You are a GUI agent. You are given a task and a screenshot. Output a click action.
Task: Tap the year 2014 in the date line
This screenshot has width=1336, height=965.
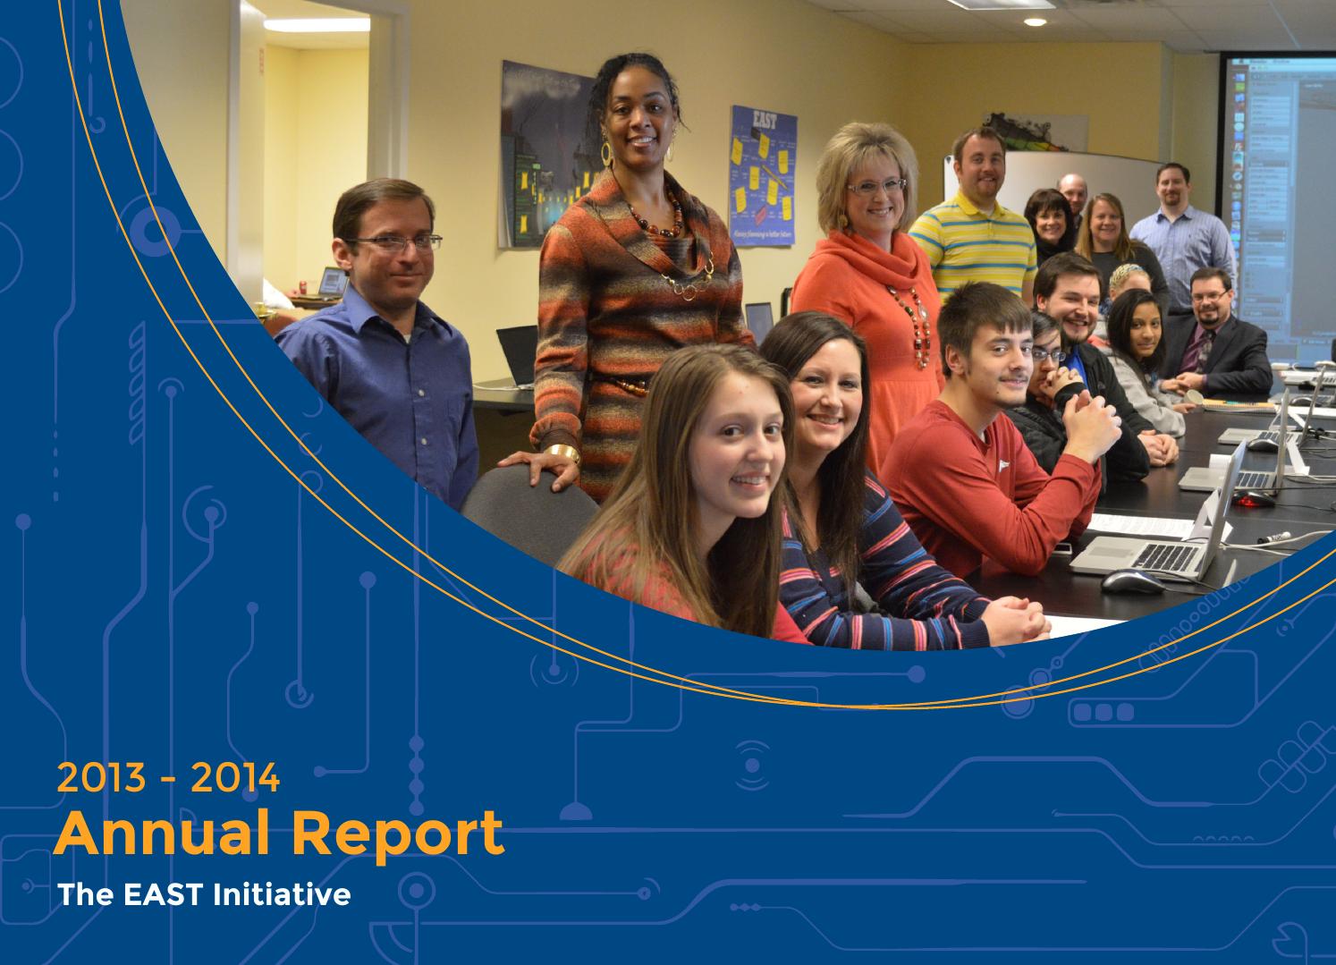pyautogui.click(x=234, y=778)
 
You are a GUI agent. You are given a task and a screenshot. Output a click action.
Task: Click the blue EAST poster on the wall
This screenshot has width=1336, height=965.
pyautogui.click(x=762, y=174)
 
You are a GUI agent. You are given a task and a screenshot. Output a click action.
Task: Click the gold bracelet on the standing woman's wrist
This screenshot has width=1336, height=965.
pyautogui.click(x=561, y=453)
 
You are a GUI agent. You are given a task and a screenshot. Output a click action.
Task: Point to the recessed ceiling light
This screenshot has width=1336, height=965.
pyautogui.click(x=1034, y=21)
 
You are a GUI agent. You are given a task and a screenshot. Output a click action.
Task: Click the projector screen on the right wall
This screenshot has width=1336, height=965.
pyautogui.click(x=1279, y=179)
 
